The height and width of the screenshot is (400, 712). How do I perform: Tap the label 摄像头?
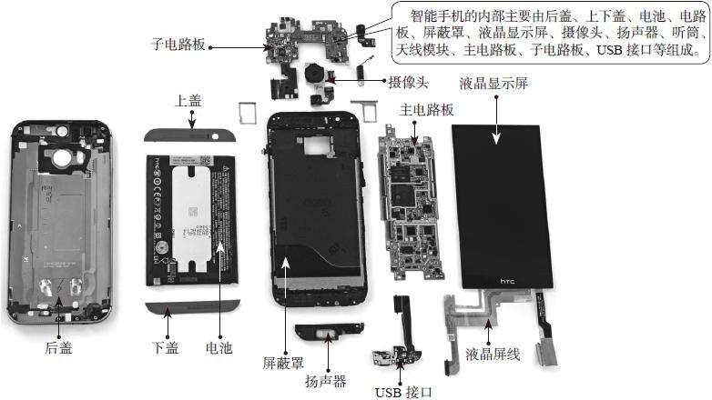point(410,80)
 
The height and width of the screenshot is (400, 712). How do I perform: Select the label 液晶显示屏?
point(494,83)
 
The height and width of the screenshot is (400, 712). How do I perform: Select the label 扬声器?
point(326,381)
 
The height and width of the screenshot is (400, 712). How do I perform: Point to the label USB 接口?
point(402,392)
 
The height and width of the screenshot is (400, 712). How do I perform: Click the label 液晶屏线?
point(493,354)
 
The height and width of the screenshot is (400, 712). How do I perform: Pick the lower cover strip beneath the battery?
point(193,302)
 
